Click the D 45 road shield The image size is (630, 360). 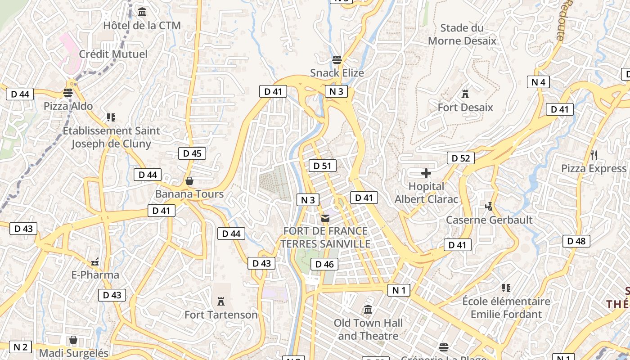point(192,153)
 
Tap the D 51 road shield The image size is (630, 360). point(322,166)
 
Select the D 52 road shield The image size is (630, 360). point(460,158)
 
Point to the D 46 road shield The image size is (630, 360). point(324,264)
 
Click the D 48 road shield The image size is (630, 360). point(576,241)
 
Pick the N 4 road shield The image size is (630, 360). point(538,82)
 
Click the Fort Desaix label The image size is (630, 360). point(465,108)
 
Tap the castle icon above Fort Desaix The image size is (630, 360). point(465,94)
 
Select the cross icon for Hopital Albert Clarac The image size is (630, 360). point(426,173)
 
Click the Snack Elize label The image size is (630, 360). point(337,73)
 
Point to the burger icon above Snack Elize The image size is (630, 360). point(337,59)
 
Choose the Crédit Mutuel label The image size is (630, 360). point(113,54)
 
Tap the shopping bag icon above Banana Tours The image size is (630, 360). point(189,181)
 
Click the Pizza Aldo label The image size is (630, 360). point(68,106)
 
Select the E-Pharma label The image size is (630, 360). point(95,275)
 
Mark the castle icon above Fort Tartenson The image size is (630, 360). point(221,301)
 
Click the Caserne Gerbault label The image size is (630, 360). point(489,220)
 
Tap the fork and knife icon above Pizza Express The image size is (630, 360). point(594,155)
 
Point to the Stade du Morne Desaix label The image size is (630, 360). point(462,35)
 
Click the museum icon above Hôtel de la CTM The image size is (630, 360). point(142,12)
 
